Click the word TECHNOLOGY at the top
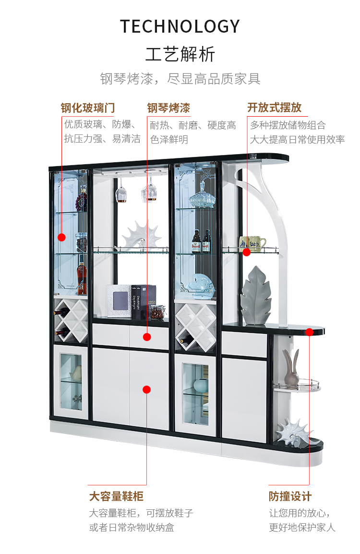[180, 26]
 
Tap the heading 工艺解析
[180, 54]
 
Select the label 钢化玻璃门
[88, 108]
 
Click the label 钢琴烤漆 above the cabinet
[168, 108]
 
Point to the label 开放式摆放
[275, 107]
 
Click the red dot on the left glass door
[61, 237]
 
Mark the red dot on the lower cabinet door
[147, 389]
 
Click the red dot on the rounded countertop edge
[309, 332]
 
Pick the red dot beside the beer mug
[246, 252]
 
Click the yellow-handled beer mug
[254, 243]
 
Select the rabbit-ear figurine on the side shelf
[291, 368]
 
